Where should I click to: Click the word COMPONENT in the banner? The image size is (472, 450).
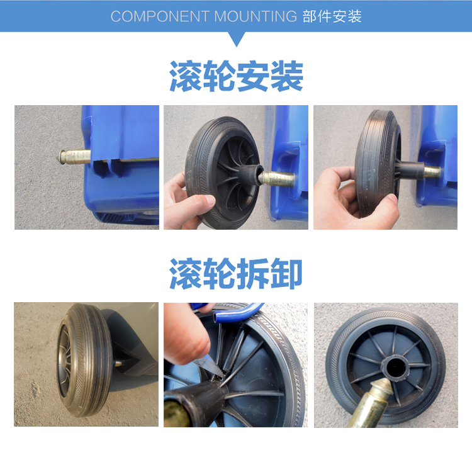click(160, 16)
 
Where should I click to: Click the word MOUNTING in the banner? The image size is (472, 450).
click(256, 16)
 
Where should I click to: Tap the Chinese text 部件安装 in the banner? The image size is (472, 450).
click(332, 16)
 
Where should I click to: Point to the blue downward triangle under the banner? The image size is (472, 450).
click(237, 39)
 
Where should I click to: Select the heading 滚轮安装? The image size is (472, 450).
click(236, 76)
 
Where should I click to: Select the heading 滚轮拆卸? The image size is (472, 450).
click(236, 274)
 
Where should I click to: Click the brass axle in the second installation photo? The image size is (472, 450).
click(277, 179)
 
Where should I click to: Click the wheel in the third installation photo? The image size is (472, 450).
click(378, 163)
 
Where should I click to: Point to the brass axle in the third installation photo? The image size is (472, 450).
click(432, 172)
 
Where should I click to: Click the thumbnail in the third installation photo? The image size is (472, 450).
click(392, 198)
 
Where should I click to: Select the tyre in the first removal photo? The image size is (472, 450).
click(86, 360)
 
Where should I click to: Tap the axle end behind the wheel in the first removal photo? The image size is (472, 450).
click(118, 364)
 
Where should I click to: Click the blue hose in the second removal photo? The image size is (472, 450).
click(238, 313)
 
